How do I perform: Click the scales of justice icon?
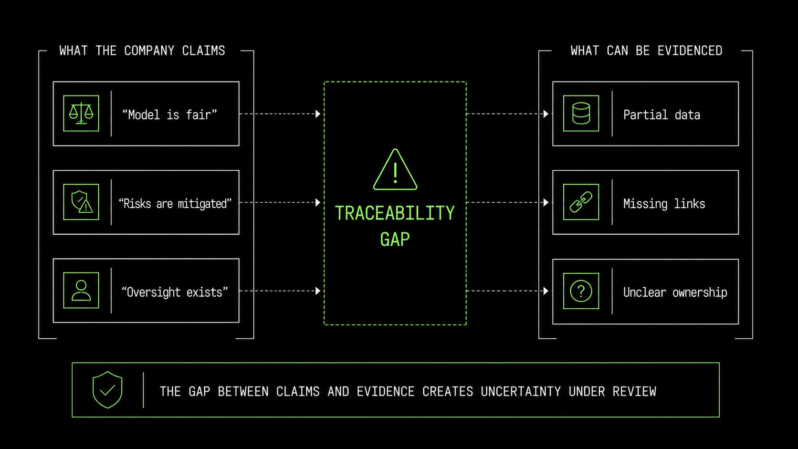(81, 113)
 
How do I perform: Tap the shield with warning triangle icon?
(82, 202)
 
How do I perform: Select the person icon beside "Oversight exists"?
(81, 291)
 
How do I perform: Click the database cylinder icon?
(581, 113)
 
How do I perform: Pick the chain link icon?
(581, 202)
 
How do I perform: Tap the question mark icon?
(581, 291)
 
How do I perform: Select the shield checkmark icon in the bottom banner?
(107, 389)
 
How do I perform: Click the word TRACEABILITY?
(395, 213)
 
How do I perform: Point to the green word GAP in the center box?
(395, 239)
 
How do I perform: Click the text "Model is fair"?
(169, 115)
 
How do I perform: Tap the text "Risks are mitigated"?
(175, 204)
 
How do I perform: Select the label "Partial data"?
(661, 115)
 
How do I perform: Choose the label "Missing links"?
(664, 204)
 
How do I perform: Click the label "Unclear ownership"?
(675, 292)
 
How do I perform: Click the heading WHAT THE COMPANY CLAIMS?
(142, 51)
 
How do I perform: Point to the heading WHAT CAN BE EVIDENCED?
(646, 51)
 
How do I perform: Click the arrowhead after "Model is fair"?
(318, 114)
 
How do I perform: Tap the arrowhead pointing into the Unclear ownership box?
(546, 291)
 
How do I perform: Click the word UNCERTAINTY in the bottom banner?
(521, 391)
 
